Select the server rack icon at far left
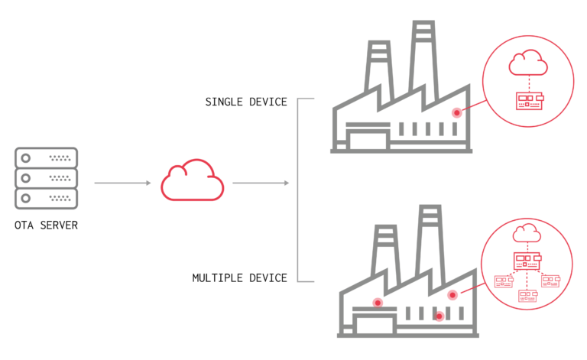coord(46,178)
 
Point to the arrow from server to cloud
coord(122,183)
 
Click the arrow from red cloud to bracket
coord(261,183)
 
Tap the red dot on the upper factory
coord(456,112)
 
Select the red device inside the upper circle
coord(529,101)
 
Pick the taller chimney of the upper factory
coord(423,57)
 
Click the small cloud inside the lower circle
coord(527,233)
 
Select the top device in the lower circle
coord(527,261)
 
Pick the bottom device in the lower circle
coord(527,296)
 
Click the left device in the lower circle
coord(503,281)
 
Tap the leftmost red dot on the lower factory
coord(378,303)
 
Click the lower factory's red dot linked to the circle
coord(452,295)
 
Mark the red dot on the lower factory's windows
coord(439,316)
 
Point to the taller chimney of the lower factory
coord(430,241)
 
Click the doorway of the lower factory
coord(375,325)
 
